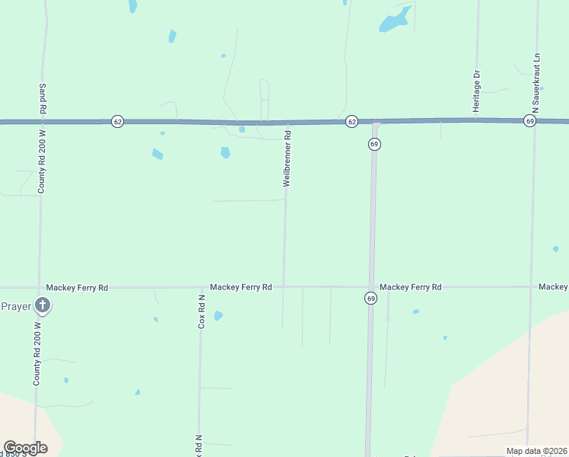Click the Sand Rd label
click(43, 100)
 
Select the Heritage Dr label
click(477, 91)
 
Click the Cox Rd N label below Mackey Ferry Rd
click(202, 312)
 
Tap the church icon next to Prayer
click(43, 307)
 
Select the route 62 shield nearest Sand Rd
click(117, 121)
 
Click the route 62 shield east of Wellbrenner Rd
click(351, 121)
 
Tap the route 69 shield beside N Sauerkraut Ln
click(529, 121)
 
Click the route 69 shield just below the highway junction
click(374, 144)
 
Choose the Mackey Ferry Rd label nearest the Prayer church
click(77, 288)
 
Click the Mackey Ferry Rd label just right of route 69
click(411, 287)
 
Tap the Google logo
click(25, 448)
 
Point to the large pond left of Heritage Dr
click(395, 21)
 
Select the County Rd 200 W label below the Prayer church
click(37, 353)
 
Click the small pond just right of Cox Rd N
click(218, 315)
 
